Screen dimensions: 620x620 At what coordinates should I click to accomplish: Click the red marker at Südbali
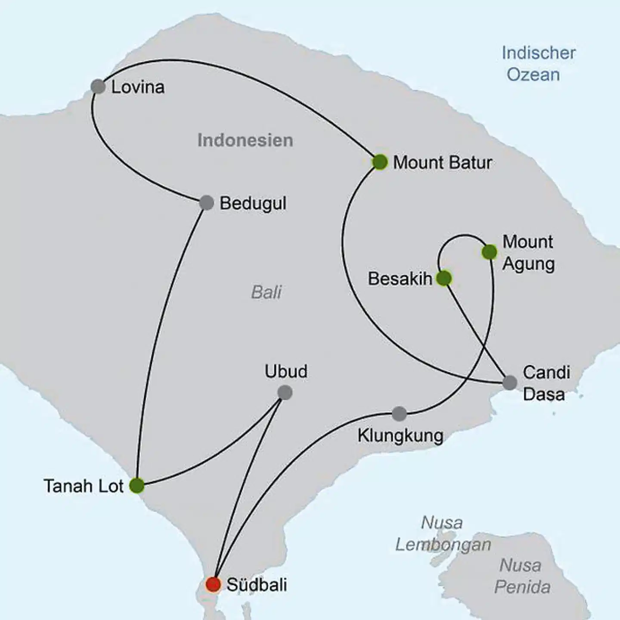tap(213, 584)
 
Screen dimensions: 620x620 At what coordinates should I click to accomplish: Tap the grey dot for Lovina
tap(98, 87)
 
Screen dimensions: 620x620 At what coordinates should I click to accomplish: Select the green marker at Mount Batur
tap(380, 162)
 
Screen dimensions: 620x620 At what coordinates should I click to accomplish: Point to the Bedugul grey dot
tap(207, 202)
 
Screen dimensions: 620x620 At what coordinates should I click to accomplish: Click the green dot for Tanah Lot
tap(137, 485)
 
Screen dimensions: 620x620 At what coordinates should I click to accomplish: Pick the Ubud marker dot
tap(285, 392)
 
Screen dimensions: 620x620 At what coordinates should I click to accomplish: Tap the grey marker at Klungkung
tap(399, 413)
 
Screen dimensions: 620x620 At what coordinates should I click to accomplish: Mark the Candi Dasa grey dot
tap(510, 382)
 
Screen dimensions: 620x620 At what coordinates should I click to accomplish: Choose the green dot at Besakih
tap(444, 278)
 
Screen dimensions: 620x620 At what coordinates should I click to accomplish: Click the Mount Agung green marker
tap(490, 252)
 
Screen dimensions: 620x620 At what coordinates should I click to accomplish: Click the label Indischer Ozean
tap(538, 64)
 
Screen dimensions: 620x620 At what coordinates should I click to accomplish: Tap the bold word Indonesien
tap(245, 140)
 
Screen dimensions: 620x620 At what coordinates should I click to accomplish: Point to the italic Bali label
tap(266, 292)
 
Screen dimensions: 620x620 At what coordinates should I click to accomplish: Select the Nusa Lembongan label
tap(443, 534)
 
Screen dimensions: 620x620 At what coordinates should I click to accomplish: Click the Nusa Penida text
tap(522, 576)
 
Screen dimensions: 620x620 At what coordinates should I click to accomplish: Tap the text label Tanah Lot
tap(84, 486)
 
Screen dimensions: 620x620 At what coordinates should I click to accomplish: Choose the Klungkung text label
tap(400, 436)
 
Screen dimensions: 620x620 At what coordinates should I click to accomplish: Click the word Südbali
tap(257, 585)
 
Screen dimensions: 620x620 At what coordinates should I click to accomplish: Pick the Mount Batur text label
tap(442, 163)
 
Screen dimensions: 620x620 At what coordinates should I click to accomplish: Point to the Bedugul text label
tap(253, 203)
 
